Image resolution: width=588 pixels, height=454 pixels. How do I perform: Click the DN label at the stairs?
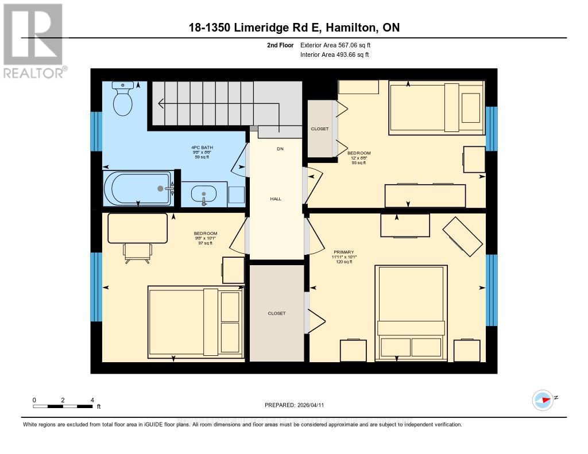(280, 149)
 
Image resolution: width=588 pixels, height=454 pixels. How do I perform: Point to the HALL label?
(276, 199)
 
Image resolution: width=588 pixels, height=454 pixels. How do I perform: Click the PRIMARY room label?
(344, 252)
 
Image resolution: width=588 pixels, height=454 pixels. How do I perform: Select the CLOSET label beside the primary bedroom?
(276, 313)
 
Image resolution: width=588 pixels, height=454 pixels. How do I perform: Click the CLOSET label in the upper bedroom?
(320, 129)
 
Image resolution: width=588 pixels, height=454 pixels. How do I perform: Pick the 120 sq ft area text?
(343, 262)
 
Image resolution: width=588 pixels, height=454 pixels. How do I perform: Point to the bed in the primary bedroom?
(411, 313)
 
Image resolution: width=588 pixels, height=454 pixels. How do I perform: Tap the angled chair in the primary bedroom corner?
(462, 236)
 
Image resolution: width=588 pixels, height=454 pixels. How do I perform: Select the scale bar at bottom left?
(63, 406)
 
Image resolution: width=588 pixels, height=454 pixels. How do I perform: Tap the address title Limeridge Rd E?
(294, 28)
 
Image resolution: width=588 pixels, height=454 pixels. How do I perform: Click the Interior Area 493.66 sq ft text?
(334, 55)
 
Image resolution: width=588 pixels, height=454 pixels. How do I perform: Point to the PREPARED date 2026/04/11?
(294, 405)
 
